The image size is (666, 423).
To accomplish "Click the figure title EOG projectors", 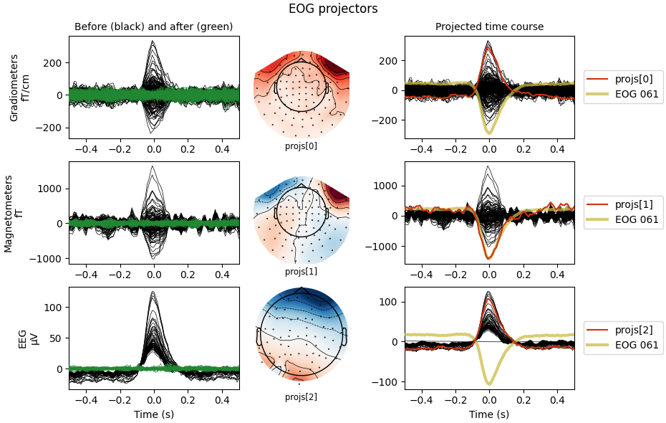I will click(x=333, y=9).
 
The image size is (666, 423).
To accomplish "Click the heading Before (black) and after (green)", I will click(x=153, y=27).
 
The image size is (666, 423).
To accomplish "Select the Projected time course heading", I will click(x=489, y=27).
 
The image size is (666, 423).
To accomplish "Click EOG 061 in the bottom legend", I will click(x=637, y=345).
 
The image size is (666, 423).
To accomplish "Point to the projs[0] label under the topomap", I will click(x=301, y=146).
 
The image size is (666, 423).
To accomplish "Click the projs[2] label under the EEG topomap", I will click(x=301, y=396).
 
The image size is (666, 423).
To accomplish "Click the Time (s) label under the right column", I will click(x=489, y=414).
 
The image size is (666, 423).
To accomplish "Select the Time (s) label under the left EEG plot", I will click(x=153, y=414).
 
